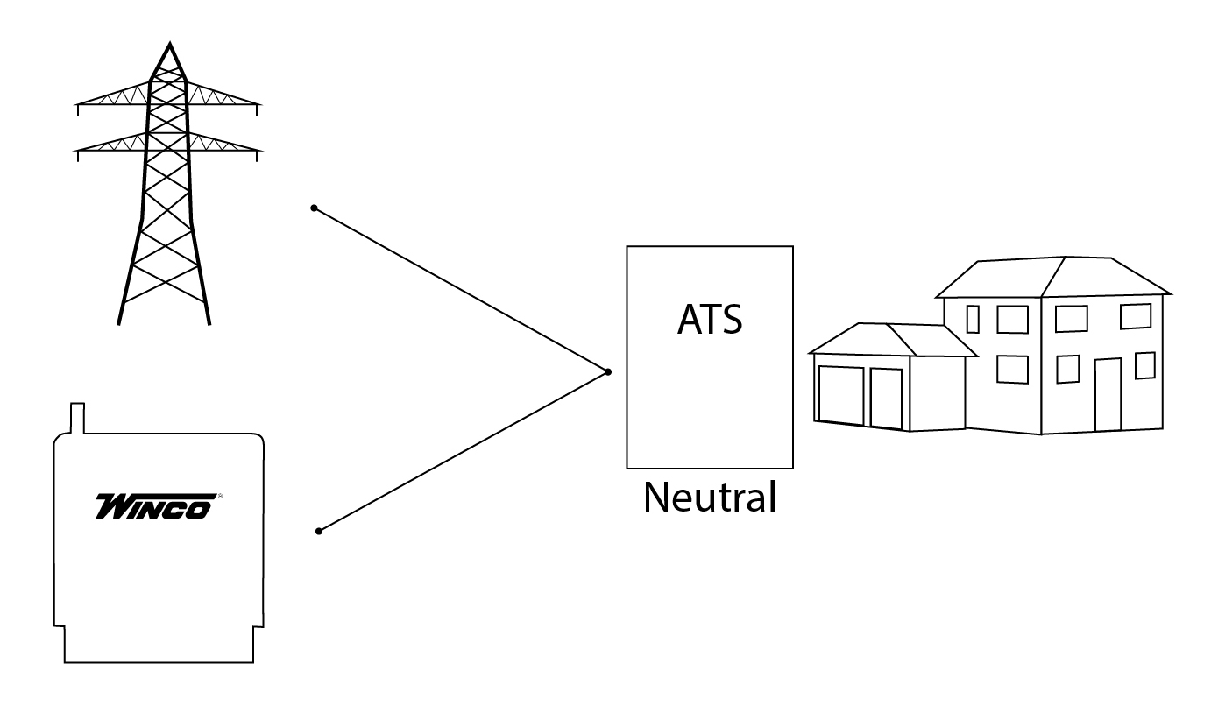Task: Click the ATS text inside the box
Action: click(x=710, y=320)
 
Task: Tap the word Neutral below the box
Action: click(x=710, y=498)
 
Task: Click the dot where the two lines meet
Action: click(x=608, y=372)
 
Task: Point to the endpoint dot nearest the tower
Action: click(x=314, y=208)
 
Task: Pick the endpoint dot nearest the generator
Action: click(x=319, y=532)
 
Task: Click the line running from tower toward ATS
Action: click(x=460, y=290)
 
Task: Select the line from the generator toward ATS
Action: click(x=463, y=452)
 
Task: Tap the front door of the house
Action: click(x=1108, y=395)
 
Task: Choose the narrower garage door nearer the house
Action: click(x=886, y=399)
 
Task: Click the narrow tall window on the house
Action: click(x=973, y=319)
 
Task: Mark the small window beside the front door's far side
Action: click(x=1144, y=365)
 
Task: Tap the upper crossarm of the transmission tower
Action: click(x=167, y=98)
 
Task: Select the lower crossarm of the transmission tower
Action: click(x=167, y=145)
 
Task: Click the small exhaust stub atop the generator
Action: click(x=76, y=418)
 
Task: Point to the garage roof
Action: click(x=894, y=340)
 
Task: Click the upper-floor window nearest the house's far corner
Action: click(x=1135, y=316)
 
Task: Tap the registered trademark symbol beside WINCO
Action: click(x=218, y=496)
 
